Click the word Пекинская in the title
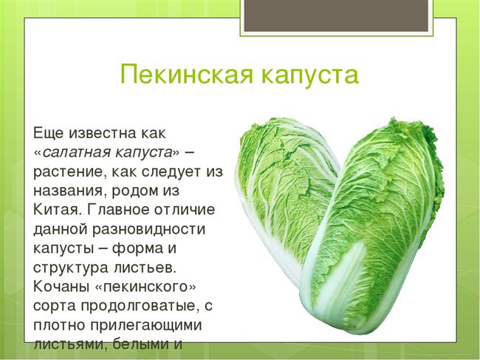[x=187, y=74]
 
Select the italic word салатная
[x=75, y=152]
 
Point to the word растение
[x=67, y=172]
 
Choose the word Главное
[x=118, y=209]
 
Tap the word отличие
[x=185, y=210]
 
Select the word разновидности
[x=148, y=229]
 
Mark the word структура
[x=71, y=268]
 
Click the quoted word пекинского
[x=145, y=288]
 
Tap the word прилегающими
[x=146, y=325]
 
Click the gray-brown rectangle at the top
[x=336, y=16]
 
